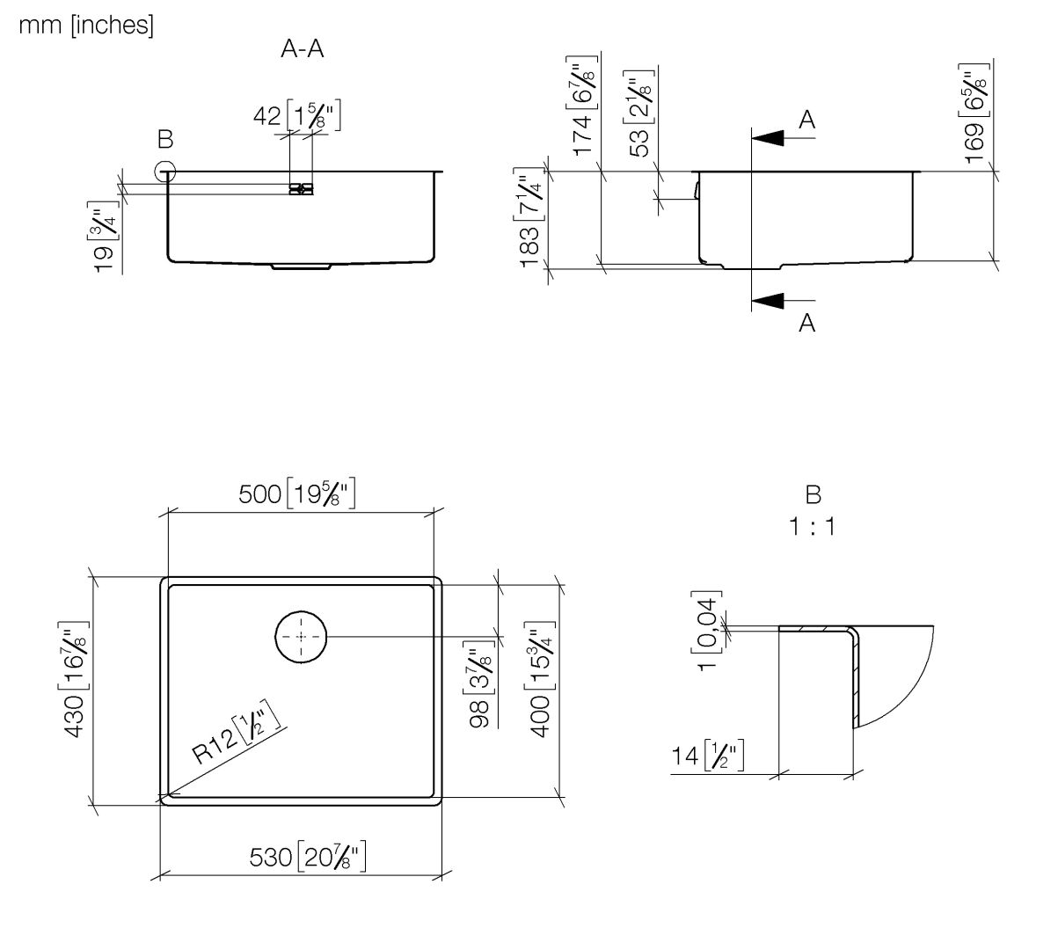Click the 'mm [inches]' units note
[x=85, y=26]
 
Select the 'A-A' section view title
[x=302, y=49]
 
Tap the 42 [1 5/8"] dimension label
[x=296, y=115]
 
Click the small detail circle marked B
[x=164, y=172]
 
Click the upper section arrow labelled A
[x=769, y=137]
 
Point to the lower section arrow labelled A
[x=769, y=301]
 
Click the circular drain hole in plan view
[x=301, y=636]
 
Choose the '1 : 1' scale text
[x=812, y=528]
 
